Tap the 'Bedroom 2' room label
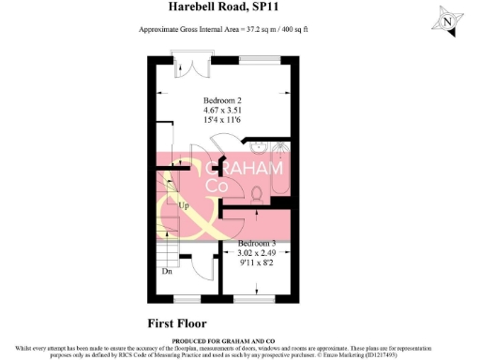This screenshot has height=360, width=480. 224,100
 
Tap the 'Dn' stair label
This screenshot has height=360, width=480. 167,273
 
